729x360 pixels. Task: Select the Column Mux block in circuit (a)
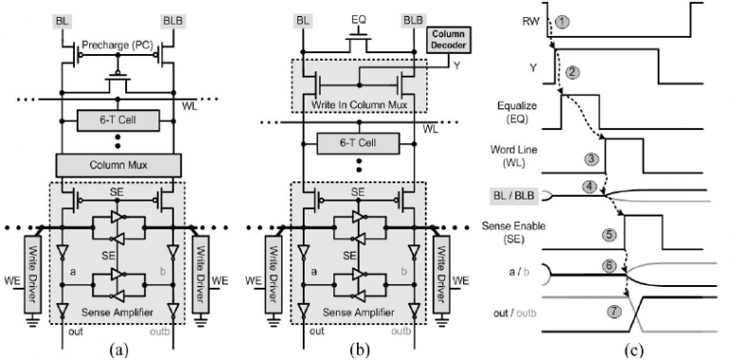click(119, 165)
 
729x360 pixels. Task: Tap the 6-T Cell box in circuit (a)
click(119, 121)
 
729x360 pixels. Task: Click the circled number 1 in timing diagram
click(561, 22)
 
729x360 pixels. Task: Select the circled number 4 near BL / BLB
click(590, 186)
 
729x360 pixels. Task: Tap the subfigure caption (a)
click(117, 349)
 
